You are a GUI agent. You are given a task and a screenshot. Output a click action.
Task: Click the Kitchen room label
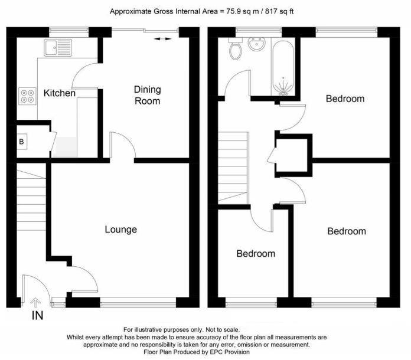pos(60,93)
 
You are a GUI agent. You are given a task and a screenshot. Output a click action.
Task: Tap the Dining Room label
pos(147,95)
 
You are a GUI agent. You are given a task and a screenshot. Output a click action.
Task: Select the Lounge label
pos(120,229)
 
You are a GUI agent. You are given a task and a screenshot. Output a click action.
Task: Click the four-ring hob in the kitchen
pos(27,95)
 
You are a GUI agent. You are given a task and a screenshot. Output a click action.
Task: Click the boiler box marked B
pos(22,142)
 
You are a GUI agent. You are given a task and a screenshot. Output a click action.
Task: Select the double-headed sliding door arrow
pos(163,39)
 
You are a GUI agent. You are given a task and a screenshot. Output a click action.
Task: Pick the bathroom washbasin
pos(257,44)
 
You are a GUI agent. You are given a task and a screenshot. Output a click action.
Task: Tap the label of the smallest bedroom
pos(256,254)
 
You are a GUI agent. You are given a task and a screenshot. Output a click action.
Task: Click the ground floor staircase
pos(31,198)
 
